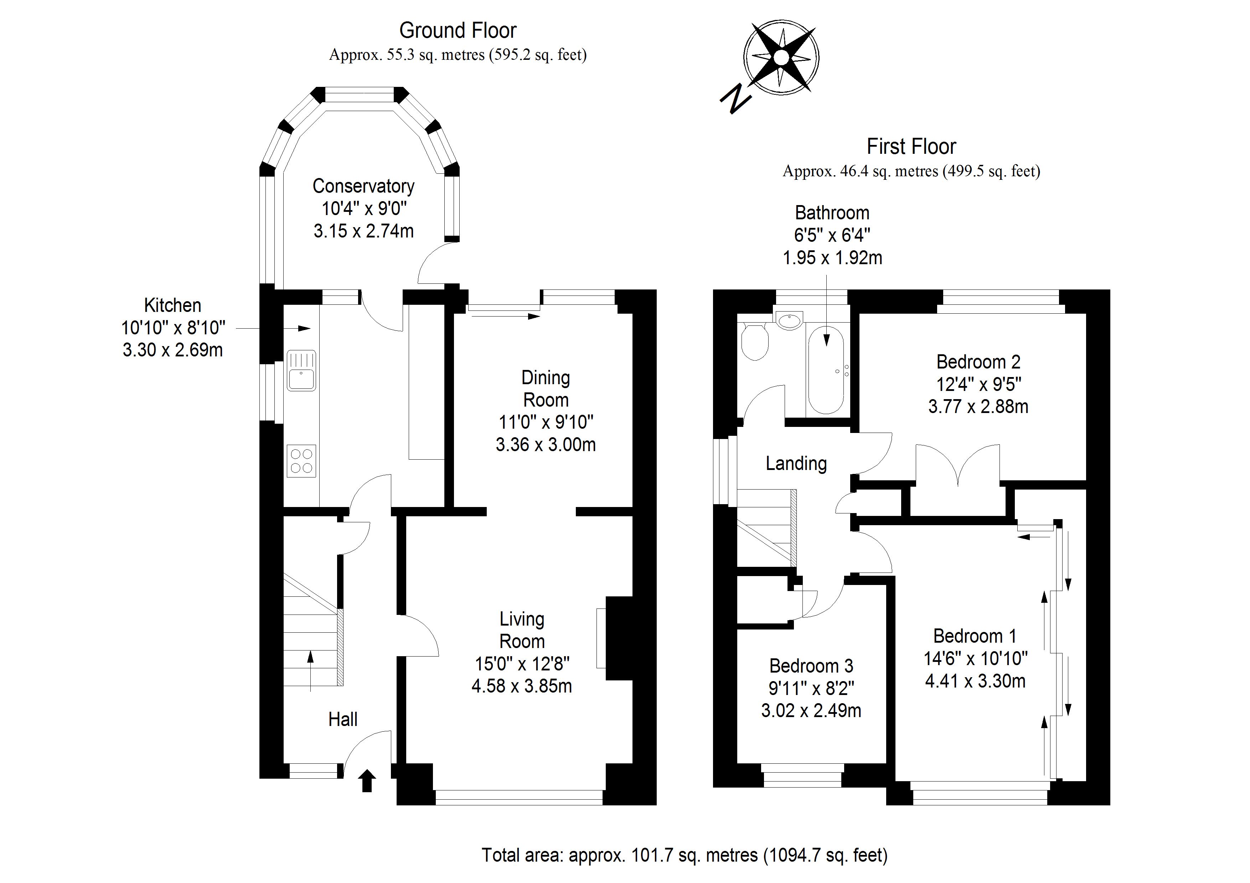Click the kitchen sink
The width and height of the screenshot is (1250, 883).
point(301,371)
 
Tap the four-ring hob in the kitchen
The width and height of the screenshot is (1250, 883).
point(301,460)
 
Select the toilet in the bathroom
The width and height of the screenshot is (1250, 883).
point(755,342)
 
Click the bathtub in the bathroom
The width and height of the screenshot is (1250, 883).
point(826,372)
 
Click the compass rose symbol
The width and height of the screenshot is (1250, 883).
point(781,57)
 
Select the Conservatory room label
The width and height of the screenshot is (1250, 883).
point(363,186)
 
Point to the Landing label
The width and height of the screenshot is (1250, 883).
point(796,464)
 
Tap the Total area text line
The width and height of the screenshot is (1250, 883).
point(685,855)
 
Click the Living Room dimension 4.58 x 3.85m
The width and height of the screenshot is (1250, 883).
point(522,686)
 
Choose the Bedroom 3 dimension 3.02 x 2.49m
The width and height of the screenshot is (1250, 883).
point(811,711)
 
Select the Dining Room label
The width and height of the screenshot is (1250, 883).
point(546,388)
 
